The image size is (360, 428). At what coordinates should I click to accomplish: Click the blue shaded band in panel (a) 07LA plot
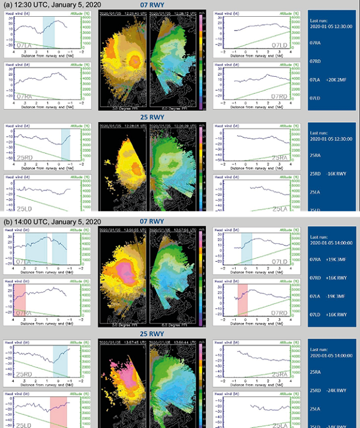click(x=49, y=31)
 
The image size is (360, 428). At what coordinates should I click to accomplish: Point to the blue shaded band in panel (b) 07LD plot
click(x=247, y=249)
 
